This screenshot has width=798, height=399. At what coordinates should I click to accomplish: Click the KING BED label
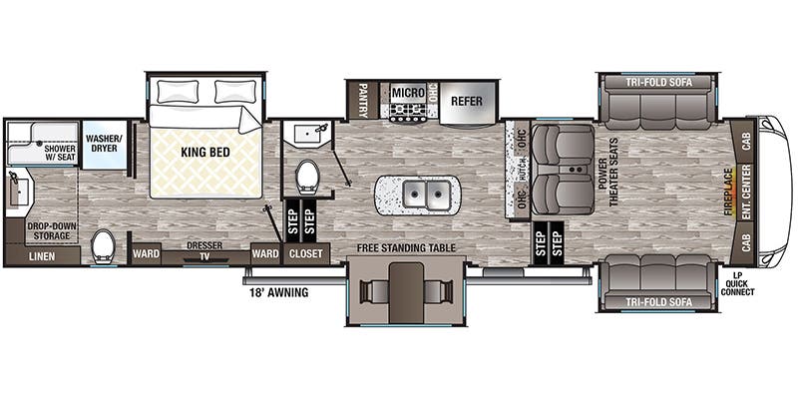click(205, 153)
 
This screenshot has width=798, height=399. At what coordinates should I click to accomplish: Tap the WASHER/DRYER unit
click(105, 145)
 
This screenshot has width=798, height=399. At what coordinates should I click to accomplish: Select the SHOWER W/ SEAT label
click(60, 154)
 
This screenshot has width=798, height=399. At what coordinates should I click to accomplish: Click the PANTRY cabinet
click(363, 100)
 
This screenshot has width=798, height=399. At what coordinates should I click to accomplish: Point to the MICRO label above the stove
click(408, 93)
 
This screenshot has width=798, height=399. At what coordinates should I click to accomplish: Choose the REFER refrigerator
click(466, 101)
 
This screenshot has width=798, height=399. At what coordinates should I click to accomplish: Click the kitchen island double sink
click(426, 194)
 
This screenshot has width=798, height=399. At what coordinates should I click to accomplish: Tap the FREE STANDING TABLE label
click(406, 248)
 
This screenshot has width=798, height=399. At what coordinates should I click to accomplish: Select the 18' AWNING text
click(279, 292)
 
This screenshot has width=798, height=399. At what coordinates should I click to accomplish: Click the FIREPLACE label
click(729, 192)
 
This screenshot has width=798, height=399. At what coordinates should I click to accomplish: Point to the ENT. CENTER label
click(746, 193)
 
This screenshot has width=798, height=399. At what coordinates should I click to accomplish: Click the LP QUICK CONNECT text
click(737, 285)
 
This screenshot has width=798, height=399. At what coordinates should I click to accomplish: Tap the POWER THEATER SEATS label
click(607, 172)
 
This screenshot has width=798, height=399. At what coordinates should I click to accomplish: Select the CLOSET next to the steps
click(306, 253)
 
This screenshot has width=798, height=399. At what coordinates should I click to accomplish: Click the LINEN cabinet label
click(42, 256)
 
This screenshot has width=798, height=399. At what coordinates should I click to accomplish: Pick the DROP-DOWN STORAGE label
click(49, 230)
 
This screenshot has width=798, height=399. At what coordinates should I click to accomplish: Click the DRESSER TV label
click(204, 251)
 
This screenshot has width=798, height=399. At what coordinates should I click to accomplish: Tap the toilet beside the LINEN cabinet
click(104, 246)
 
